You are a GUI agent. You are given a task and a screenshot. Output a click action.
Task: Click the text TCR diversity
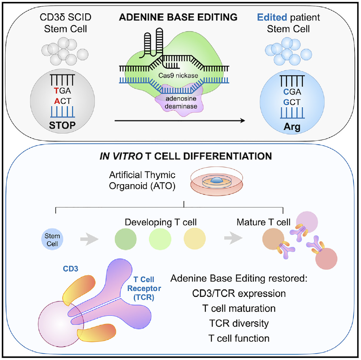[239, 323]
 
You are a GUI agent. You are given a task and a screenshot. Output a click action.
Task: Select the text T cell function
[239, 338]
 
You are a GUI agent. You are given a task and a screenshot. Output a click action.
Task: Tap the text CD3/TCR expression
[239, 294]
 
